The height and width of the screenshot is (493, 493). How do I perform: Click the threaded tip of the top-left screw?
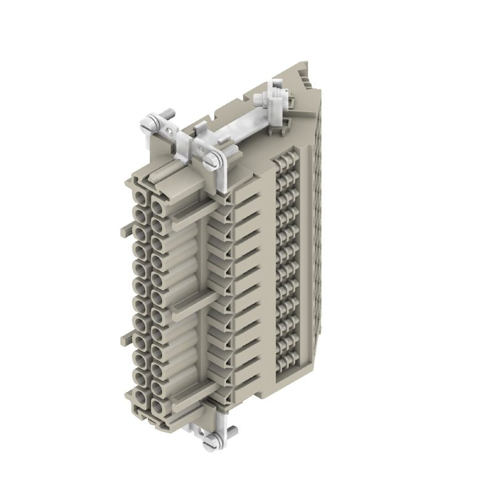(x=167, y=115)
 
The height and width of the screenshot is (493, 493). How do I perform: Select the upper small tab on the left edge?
(x=124, y=230)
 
